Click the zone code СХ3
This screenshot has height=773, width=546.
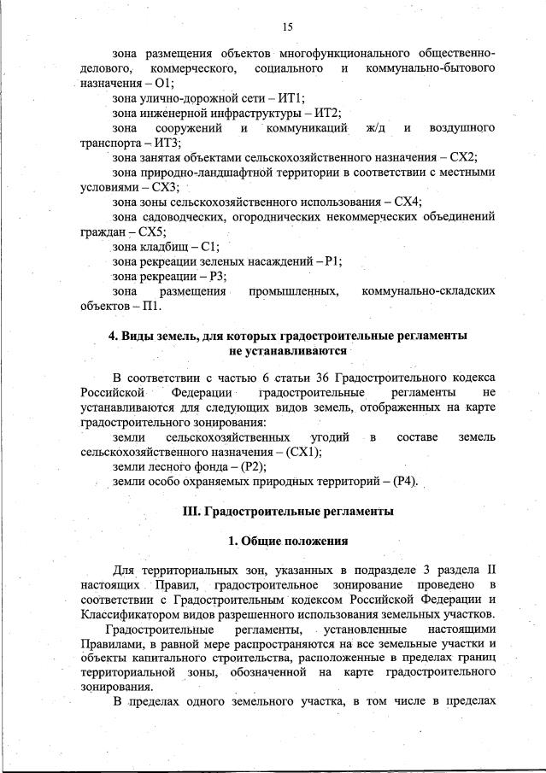[166, 187]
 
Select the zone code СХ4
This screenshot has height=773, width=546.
[408, 202]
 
